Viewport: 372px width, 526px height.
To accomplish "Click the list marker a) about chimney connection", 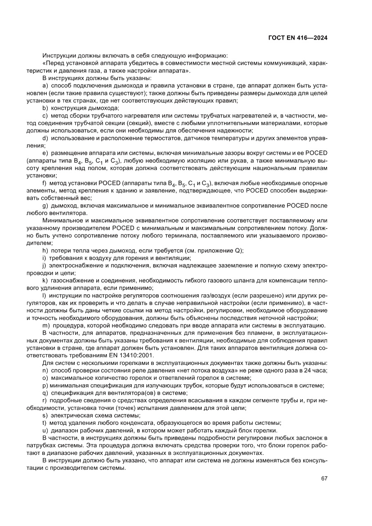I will (45, 85).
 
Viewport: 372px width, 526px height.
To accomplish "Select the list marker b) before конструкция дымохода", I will (45, 108).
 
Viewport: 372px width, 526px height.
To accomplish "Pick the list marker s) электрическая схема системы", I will (45, 414).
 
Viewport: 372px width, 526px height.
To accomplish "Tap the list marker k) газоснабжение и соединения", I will (45, 280).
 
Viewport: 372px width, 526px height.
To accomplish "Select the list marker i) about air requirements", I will (45, 258).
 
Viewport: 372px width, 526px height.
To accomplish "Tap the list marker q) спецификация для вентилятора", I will (45, 392).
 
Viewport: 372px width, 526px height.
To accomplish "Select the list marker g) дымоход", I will (45, 206).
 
